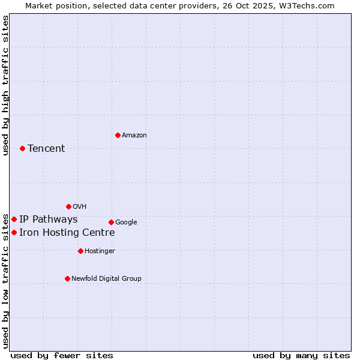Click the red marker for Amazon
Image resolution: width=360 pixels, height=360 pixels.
pos(118,135)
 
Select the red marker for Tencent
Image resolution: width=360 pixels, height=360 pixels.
pos(22,148)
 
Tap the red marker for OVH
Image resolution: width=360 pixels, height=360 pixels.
pos(68,206)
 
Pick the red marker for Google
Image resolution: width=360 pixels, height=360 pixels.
pos(111,222)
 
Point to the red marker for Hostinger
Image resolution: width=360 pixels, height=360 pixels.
pos(80,251)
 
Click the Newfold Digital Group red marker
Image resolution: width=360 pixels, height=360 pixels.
pos(67,278)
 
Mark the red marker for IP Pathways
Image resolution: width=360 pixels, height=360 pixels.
pos(14,219)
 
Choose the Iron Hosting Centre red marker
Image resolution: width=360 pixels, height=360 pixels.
pos(14,232)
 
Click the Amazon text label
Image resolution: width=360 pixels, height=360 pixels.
pos(134,136)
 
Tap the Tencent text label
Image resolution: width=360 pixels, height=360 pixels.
pos(46,149)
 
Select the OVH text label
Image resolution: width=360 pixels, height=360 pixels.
pos(80,207)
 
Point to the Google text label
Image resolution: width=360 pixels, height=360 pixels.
pos(126,223)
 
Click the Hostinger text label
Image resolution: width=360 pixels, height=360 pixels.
pos(100,251)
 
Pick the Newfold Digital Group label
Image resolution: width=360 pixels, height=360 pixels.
pos(106,279)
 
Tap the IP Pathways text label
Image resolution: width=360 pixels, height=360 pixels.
pos(48,220)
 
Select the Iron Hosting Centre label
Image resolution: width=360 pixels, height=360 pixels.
pos(67,233)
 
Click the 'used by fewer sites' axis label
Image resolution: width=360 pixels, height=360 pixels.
pos(62,355)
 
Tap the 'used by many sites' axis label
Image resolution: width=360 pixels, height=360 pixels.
pos(301,355)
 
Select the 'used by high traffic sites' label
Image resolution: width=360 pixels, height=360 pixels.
pos(6,85)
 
